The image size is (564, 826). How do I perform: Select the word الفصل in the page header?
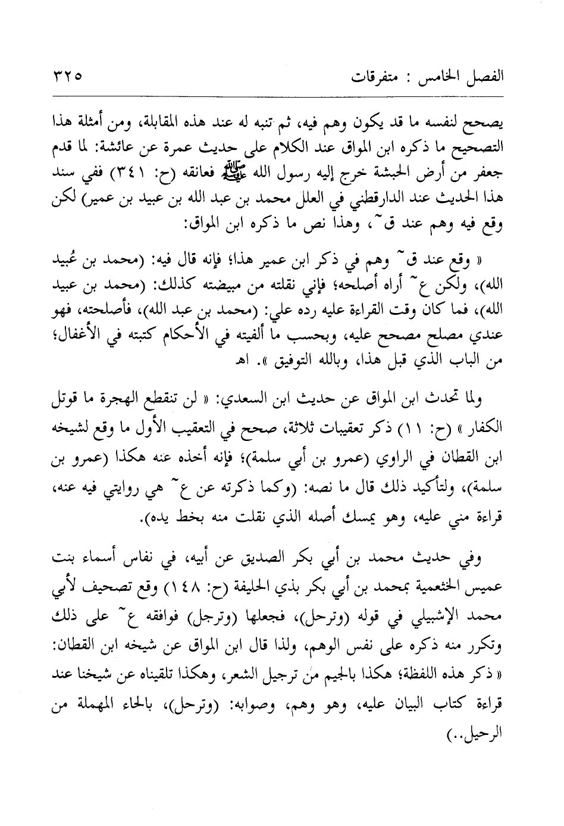pos(484,77)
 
